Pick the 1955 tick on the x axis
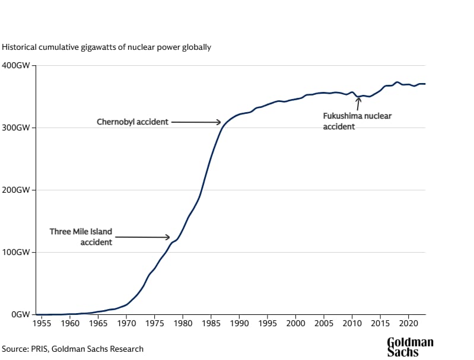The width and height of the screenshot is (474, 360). [42, 324]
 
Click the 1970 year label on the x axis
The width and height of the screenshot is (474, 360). [126, 324]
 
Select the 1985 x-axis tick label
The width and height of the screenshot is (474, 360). [211, 324]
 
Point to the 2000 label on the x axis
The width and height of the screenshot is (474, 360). [295, 324]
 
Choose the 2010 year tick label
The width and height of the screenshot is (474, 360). [352, 324]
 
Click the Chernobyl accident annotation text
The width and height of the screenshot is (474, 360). [132, 122]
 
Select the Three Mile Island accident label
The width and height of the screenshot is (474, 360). [81, 237]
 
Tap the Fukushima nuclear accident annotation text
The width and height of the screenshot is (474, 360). [357, 121]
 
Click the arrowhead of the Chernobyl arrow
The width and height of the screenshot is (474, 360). [219, 122]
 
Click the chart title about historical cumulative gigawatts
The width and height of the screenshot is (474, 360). [106, 46]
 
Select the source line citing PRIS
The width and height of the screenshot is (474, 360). [72, 349]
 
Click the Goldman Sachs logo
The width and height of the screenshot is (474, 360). [410, 347]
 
